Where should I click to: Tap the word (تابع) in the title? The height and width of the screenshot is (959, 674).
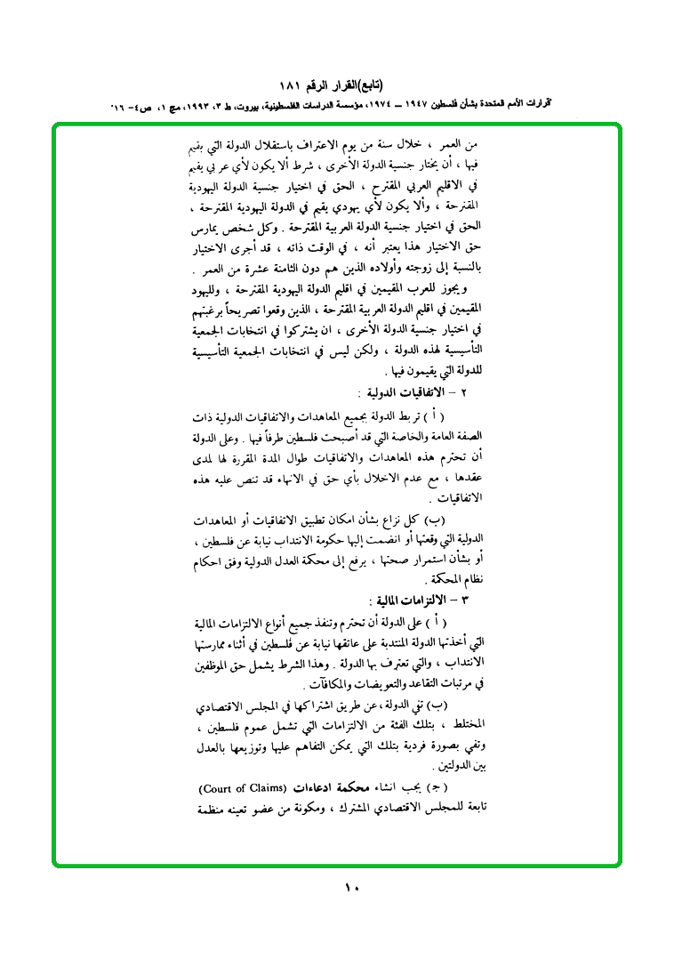392,85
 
